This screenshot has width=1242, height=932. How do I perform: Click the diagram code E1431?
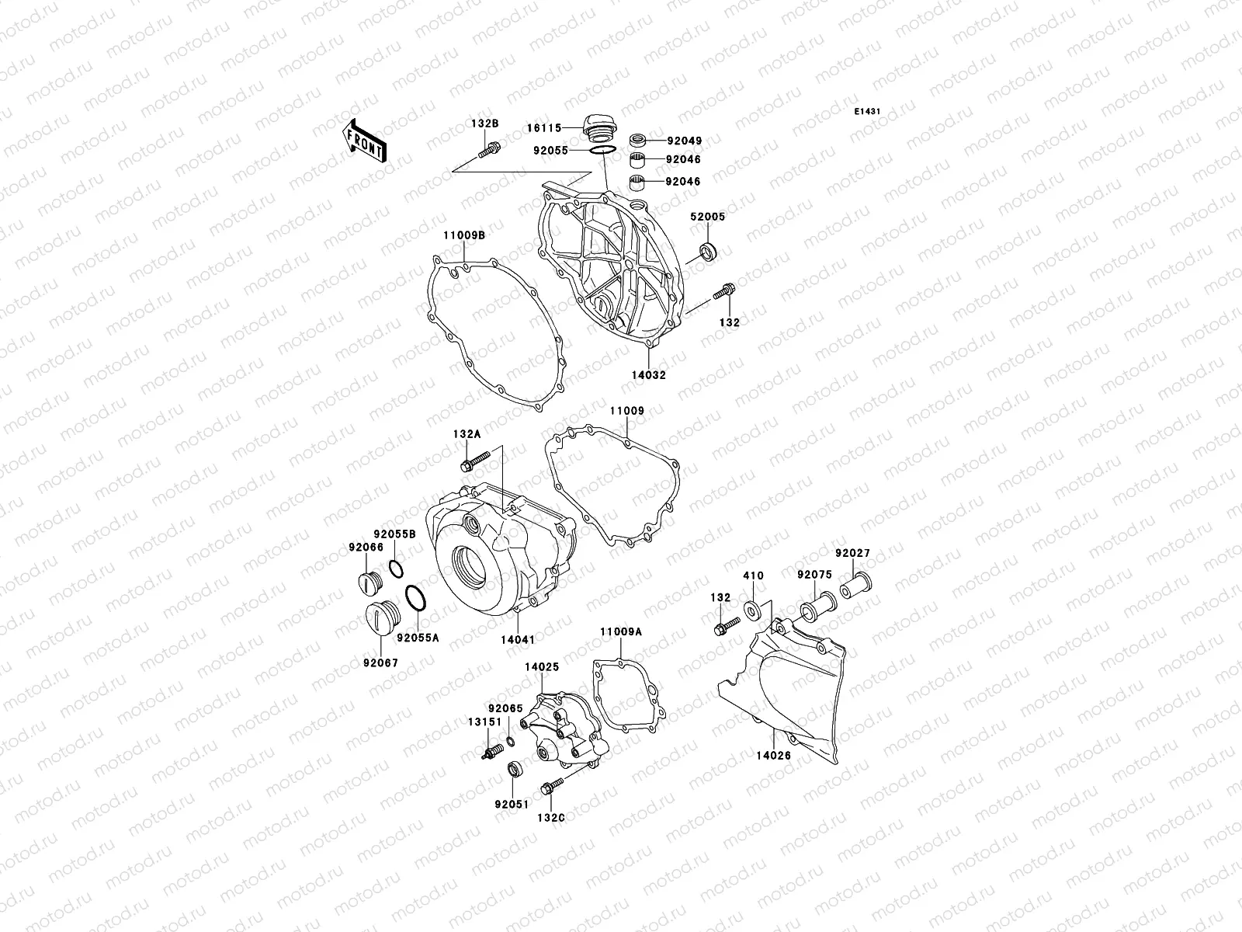click(x=868, y=112)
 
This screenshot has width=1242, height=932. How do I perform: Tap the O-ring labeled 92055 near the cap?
click(x=604, y=150)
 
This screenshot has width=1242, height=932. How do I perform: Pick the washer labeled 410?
click(x=752, y=610)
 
